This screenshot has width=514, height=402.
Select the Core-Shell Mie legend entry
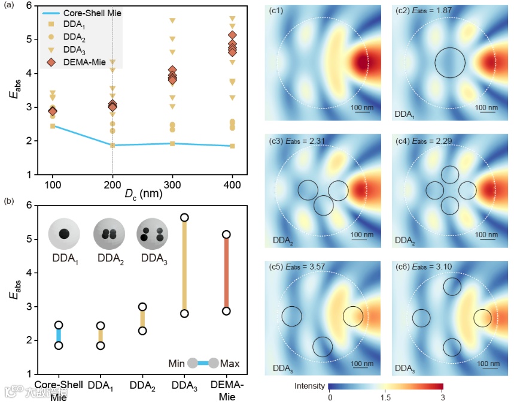83,12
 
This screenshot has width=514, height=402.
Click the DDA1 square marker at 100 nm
53,126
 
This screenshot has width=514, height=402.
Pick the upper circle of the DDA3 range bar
184,217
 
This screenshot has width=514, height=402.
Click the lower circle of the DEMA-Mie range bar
226,311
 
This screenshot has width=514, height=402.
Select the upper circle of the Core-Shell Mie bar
59,325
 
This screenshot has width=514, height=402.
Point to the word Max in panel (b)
230,363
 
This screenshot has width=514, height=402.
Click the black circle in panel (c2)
450,63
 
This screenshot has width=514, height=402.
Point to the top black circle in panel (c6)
452,286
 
